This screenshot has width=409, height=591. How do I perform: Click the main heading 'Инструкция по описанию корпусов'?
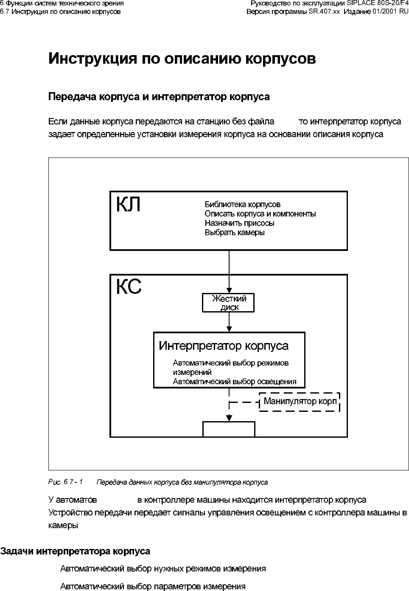tap(182, 59)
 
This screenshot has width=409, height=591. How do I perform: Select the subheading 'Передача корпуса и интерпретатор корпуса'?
tap(159, 97)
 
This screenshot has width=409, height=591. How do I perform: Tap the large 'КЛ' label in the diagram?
tap(128, 205)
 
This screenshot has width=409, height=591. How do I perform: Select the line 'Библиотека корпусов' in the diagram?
tap(242, 205)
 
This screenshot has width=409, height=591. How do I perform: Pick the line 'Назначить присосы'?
tap(239, 223)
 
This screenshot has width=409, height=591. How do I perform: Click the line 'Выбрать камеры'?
tap(235, 233)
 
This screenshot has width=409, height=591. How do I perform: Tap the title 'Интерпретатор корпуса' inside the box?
tap(224, 346)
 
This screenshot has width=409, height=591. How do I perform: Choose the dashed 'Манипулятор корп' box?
tap(300, 402)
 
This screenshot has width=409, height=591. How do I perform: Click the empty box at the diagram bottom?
tap(229, 429)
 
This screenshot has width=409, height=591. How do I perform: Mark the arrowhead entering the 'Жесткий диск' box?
tap(229, 290)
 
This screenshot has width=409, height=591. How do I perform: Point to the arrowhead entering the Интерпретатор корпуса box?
tap(229, 329)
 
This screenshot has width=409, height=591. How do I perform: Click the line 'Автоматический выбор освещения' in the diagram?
tap(234, 382)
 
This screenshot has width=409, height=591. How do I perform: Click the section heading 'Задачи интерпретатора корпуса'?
tap(75, 552)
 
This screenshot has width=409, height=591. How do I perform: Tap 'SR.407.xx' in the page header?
tap(324, 11)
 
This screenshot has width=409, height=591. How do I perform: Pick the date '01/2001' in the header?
tap(385, 11)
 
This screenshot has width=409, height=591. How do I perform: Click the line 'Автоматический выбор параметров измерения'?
tap(153, 587)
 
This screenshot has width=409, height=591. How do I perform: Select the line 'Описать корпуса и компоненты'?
tap(260, 214)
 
